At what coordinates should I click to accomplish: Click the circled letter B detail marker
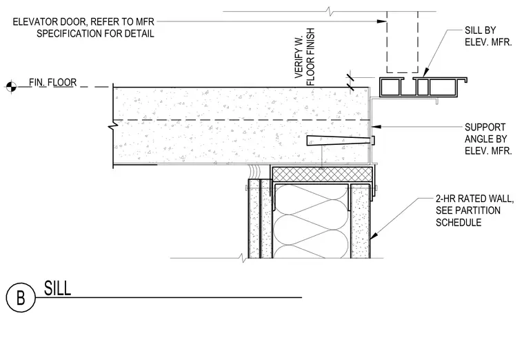pos(21,297)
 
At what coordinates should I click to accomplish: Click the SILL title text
pos(57,288)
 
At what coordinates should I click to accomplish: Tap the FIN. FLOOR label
pos(53,82)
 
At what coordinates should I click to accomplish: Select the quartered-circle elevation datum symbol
pos(11,87)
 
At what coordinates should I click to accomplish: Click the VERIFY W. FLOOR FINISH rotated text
pos(305,57)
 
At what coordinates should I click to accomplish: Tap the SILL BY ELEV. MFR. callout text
pos(488,37)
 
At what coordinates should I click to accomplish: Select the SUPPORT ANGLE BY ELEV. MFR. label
pos(488,139)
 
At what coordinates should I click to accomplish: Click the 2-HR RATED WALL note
pos(474,199)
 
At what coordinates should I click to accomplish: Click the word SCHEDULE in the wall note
pos(458,223)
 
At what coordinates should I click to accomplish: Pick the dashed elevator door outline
pos(403,42)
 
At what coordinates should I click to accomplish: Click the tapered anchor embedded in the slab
pos(340,141)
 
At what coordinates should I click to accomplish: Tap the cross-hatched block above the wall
pos(322,174)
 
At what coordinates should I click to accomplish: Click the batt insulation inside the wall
pos(312,221)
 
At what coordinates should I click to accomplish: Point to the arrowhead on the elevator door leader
pos(382,21)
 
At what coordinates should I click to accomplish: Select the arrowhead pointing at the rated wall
pos(374,235)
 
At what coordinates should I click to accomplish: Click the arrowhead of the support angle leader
pos(376,127)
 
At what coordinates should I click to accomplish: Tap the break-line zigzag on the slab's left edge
pos(113,127)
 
